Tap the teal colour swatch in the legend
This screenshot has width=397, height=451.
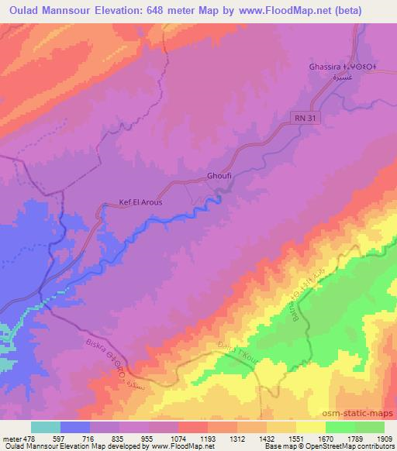click(x=46, y=427)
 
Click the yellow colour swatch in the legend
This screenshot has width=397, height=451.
click(x=310, y=427)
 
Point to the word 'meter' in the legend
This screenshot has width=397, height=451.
click(x=11, y=439)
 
